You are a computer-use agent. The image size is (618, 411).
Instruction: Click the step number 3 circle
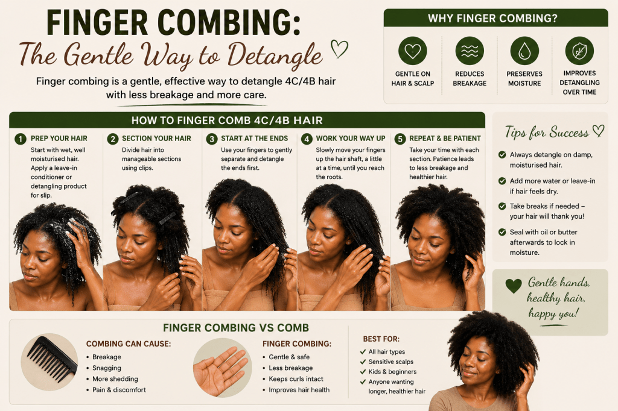212,139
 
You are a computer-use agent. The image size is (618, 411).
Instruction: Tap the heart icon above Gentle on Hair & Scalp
413,51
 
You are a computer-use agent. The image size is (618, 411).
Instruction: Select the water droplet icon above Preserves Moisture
524,51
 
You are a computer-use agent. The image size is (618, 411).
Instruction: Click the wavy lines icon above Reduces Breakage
470,51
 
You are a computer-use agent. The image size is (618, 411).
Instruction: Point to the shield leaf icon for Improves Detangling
579,51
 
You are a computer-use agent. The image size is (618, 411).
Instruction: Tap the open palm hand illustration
221,370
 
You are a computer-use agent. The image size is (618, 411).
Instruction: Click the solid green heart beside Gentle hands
514,286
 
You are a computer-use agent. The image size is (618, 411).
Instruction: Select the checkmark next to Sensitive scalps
363,362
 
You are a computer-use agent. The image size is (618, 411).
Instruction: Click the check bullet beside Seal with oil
502,232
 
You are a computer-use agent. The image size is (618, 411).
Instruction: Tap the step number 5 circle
400,139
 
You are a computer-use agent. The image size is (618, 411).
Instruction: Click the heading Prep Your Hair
59,139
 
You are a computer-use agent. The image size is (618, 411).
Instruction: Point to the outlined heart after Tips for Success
598,131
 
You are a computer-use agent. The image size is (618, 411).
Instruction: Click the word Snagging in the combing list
106,368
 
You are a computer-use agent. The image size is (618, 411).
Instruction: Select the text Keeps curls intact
296,378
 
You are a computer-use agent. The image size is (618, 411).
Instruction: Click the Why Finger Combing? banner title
492,19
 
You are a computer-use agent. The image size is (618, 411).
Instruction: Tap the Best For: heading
381,339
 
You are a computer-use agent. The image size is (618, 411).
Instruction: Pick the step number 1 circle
21,139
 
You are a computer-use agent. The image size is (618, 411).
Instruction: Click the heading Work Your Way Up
351,139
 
